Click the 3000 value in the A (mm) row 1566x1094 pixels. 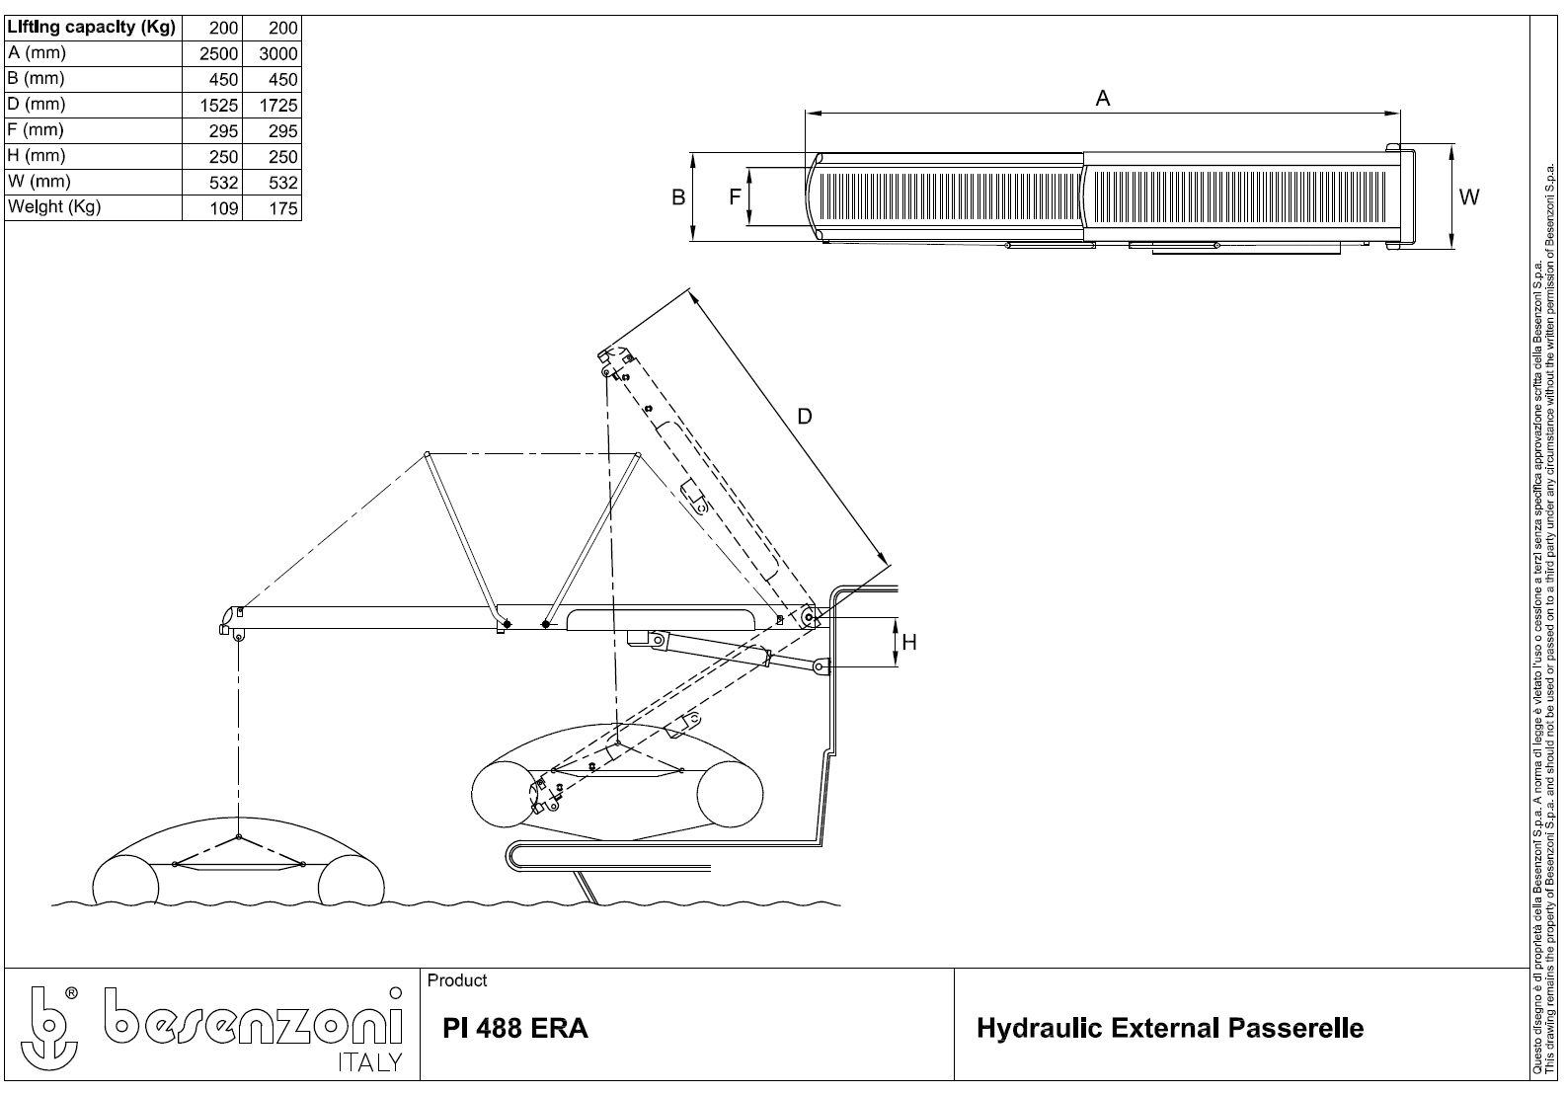(x=277, y=53)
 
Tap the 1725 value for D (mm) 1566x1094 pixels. (x=277, y=105)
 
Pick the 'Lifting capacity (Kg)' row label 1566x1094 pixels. (x=91, y=28)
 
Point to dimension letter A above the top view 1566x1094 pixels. (x=1103, y=98)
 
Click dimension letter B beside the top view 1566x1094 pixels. (x=678, y=197)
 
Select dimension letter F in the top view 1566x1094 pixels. (x=735, y=196)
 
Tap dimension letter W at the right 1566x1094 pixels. (x=1469, y=197)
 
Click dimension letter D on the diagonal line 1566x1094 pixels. (x=805, y=417)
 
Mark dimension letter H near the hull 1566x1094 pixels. (x=909, y=643)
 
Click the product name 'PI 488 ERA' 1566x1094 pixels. (x=515, y=1029)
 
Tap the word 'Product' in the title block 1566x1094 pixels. (x=457, y=980)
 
